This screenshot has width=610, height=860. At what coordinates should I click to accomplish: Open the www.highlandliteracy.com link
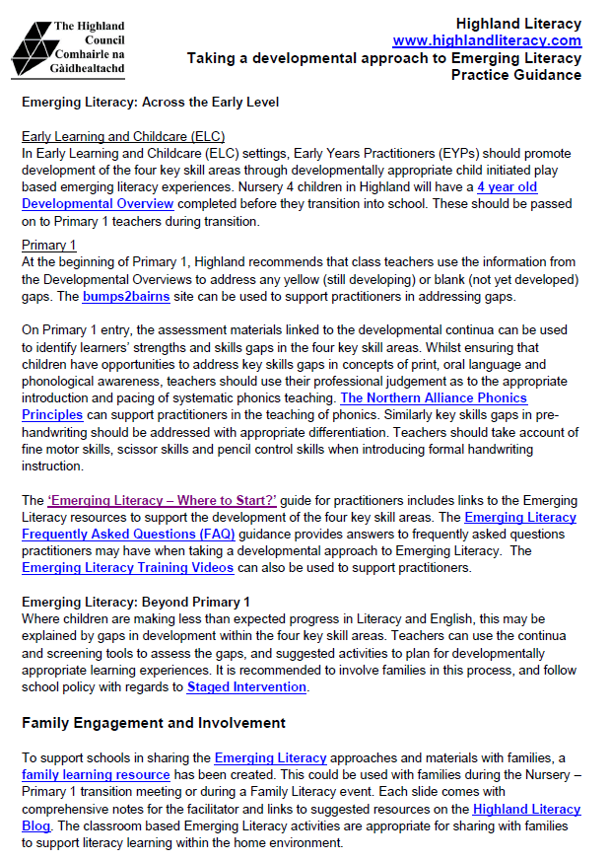[487, 40]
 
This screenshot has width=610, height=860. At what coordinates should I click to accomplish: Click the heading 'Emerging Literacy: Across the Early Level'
[151, 103]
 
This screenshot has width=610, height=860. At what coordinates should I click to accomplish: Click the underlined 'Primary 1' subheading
[49, 245]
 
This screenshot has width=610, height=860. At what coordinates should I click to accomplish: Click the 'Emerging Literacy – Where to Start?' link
[175, 500]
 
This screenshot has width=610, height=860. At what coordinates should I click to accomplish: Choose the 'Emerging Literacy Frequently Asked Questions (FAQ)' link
[519, 517]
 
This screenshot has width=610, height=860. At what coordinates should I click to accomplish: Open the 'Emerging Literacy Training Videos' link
[128, 567]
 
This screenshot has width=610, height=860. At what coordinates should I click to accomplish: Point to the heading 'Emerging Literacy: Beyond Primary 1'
[136, 602]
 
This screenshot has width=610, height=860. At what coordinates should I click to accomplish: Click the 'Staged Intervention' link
[246, 687]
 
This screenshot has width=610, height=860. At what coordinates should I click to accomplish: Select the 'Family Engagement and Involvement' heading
[154, 723]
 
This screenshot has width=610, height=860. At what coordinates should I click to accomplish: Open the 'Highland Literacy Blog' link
[526, 810]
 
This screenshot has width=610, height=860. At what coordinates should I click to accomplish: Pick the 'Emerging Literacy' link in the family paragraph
[270, 758]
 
